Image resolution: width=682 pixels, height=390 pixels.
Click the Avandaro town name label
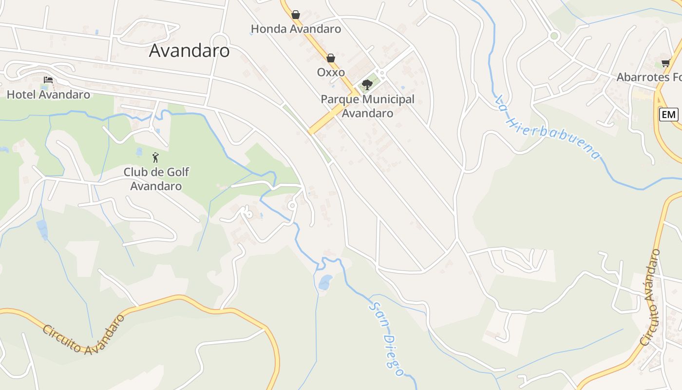coord(189,50)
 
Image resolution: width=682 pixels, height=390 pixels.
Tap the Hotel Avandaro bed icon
coord(48,79)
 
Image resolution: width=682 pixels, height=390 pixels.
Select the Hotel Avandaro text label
coord(48,94)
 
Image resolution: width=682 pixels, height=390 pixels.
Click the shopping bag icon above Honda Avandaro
coord(296,15)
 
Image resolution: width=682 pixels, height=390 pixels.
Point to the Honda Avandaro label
coord(296,29)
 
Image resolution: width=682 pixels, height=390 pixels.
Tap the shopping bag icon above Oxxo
coord(331,58)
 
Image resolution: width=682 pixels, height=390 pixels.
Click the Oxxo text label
coord(331,72)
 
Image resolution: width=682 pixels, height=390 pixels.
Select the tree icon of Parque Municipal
coord(367,85)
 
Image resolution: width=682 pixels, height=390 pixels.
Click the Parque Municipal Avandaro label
coord(367,106)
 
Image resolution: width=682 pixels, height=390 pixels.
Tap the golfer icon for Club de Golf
coord(155,157)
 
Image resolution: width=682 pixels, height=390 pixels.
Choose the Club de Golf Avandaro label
coord(156,179)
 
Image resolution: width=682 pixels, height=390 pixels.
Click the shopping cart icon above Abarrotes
coord(666,63)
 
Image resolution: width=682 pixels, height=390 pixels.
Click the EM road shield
coord(668,115)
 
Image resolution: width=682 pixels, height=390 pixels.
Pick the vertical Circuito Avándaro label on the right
coord(650,297)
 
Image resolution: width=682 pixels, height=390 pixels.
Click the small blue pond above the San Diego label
coord(325,281)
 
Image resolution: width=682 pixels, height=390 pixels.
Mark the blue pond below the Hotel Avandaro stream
coord(42,229)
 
